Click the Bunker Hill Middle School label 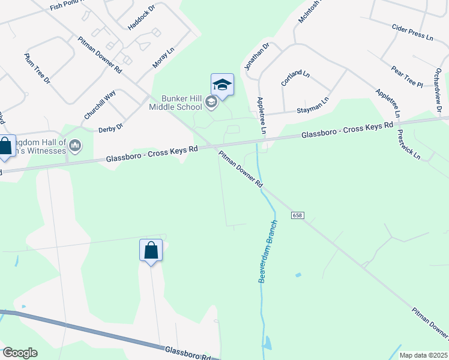click(x=176, y=103)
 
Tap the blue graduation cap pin click(x=222, y=85)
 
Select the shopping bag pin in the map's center click(x=151, y=250)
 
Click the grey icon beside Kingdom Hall click(x=76, y=145)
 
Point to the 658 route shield click(x=298, y=215)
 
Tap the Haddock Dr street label click(x=142, y=16)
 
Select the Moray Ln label click(x=163, y=56)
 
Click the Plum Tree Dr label click(x=37, y=69)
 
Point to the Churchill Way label click(x=100, y=104)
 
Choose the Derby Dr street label click(x=110, y=127)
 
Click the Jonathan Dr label click(x=256, y=56)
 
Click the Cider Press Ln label click(x=412, y=32)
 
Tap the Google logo click(x=20, y=353)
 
